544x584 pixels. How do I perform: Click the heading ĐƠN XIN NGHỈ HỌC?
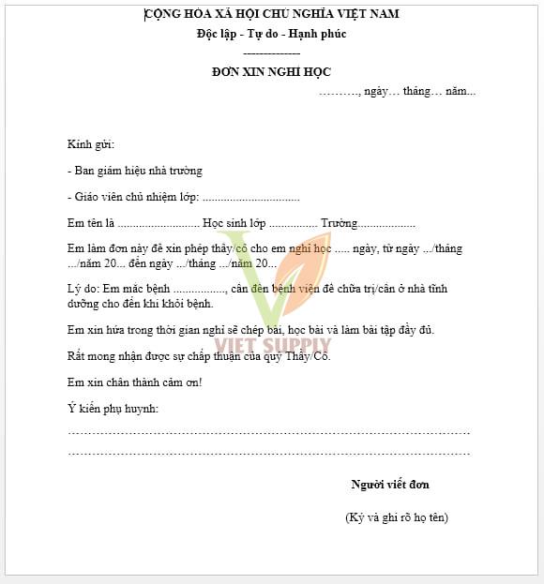(x=271, y=72)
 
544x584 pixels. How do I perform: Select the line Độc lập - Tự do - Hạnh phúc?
(x=271, y=34)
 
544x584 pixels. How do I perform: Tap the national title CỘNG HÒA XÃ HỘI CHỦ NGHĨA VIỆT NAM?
(x=272, y=14)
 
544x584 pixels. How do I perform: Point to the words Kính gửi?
(x=90, y=144)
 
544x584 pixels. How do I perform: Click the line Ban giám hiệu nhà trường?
(x=135, y=171)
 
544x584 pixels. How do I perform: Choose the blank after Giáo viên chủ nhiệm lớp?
(x=250, y=198)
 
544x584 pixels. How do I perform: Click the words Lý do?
(x=82, y=289)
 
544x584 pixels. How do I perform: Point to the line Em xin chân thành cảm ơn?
(x=135, y=382)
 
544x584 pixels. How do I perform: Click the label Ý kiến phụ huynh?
(x=113, y=409)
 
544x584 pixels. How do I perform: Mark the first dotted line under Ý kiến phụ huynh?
(x=268, y=432)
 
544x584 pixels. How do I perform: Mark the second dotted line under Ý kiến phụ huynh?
(x=268, y=453)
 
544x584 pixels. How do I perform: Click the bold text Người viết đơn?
(x=390, y=485)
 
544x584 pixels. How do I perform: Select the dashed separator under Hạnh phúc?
(x=271, y=53)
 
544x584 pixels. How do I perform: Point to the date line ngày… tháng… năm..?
(x=398, y=91)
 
